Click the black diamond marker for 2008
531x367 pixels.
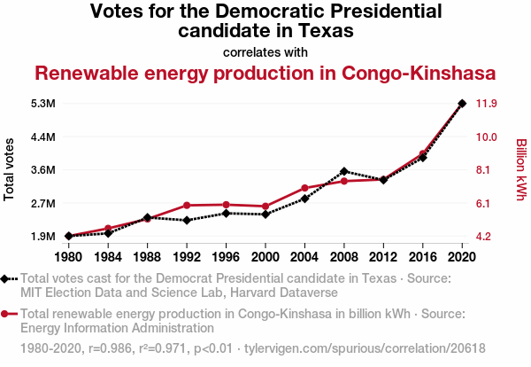coord(344,171)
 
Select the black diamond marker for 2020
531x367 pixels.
coord(462,104)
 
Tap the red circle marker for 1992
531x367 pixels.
coord(187,206)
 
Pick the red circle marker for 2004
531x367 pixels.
coord(304,188)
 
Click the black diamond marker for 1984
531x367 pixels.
coord(108,233)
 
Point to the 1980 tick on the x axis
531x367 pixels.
coord(68,257)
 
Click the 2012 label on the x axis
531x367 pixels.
coord(383,257)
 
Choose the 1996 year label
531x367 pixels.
coord(226,257)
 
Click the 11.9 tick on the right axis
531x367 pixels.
coord(487,104)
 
